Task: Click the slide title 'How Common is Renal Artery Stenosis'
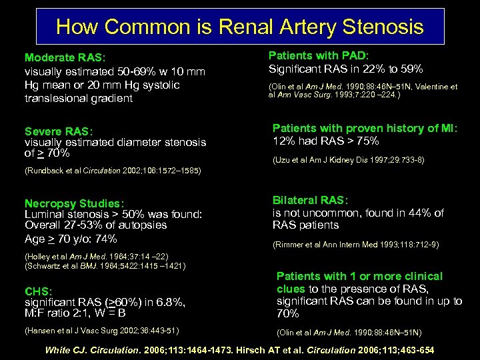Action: [x=240, y=27]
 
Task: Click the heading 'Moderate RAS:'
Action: [x=65, y=58]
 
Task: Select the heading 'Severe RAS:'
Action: [x=59, y=131]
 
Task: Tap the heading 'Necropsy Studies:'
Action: [x=74, y=203]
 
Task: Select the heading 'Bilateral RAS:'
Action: [x=311, y=201]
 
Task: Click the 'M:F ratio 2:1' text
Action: [x=63, y=313]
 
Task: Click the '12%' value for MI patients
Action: [x=285, y=141]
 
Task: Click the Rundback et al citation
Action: [x=113, y=171]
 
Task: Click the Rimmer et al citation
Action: [x=355, y=245]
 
